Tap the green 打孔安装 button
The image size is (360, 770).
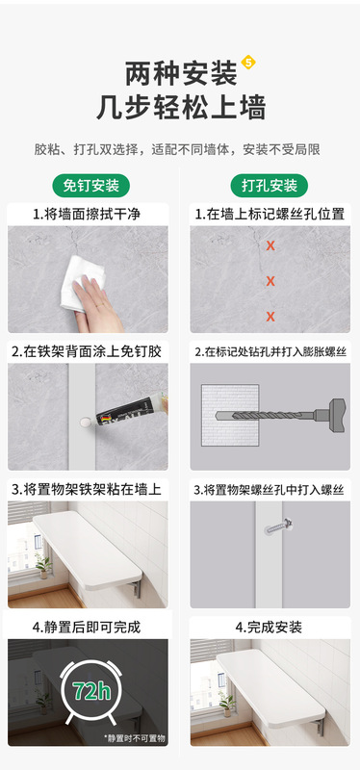tap(270, 186)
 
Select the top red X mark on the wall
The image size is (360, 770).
tap(271, 246)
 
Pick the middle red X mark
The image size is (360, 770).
tap(271, 281)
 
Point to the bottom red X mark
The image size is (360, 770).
tap(271, 316)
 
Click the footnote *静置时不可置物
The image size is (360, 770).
tap(134, 737)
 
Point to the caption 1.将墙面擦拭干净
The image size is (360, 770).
tap(86, 215)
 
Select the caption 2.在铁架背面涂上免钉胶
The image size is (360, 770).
tap(88, 352)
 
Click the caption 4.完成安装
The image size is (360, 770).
tap(270, 627)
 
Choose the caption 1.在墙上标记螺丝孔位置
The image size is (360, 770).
tap(270, 215)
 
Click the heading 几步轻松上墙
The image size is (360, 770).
tap(180, 107)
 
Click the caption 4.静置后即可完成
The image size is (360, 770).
tap(88, 627)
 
